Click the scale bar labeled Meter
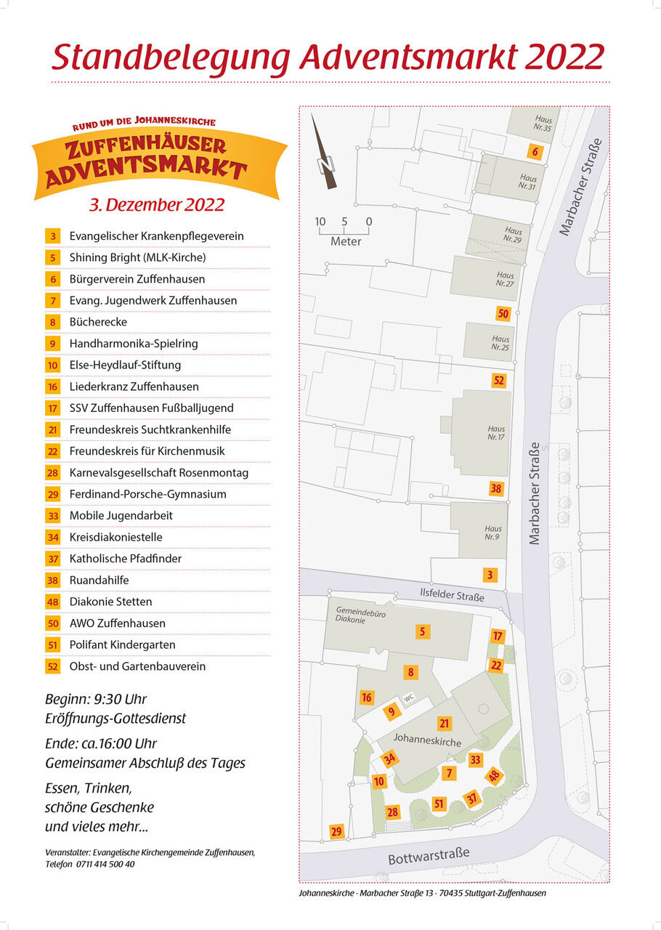(x=344, y=232)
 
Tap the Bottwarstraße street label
(x=429, y=854)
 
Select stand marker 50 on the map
(x=503, y=314)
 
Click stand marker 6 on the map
(x=535, y=152)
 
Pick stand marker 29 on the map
(x=336, y=832)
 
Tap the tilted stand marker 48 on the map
(x=495, y=776)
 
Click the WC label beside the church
(x=409, y=697)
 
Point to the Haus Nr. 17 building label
(x=496, y=433)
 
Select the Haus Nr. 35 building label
(x=543, y=124)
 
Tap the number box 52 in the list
(x=53, y=666)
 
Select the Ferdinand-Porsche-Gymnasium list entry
(x=147, y=494)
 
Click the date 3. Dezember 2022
(x=157, y=205)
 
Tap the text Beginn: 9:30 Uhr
(x=96, y=700)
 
